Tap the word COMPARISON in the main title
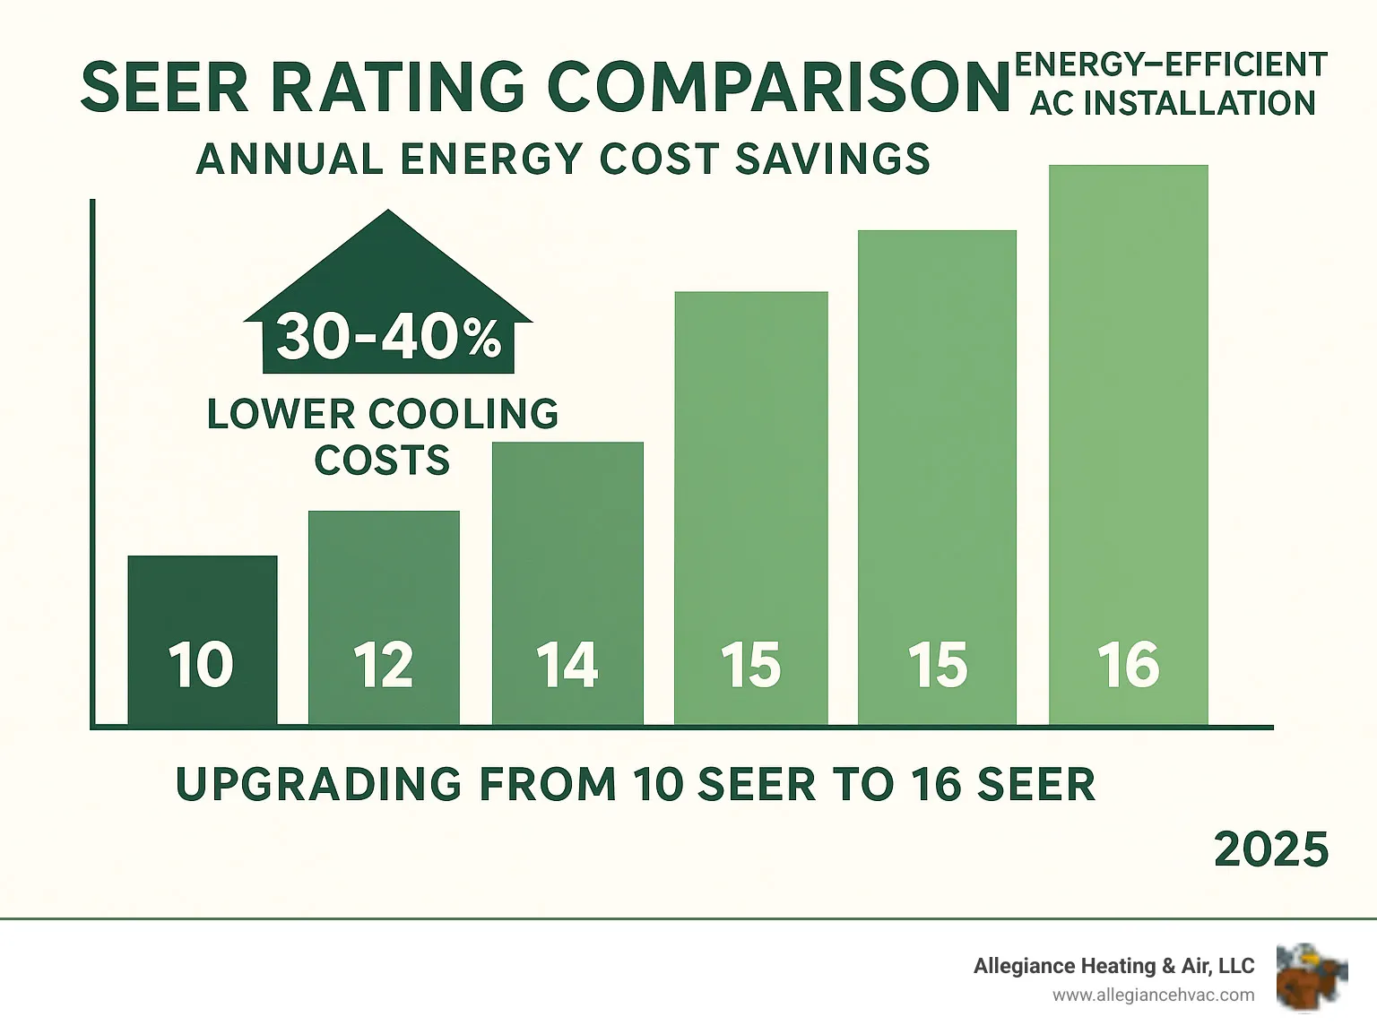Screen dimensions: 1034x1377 pyautogui.click(x=778, y=88)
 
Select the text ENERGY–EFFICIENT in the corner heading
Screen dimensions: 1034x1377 pyautogui.click(x=1171, y=65)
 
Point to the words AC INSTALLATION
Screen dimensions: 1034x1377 pyautogui.click(x=1173, y=104)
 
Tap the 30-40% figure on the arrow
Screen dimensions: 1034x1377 pyautogui.click(x=388, y=339)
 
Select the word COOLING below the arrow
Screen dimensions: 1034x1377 pyautogui.click(x=463, y=414)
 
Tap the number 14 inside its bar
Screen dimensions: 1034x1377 pyautogui.click(x=567, y=666)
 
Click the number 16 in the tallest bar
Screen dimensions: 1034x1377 pyautogui.click(x=1128, y=666)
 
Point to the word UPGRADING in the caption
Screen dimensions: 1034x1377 pyautogui.click(x=319, y=785)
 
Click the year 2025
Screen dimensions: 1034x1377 pyautogui.click(x=1270, y=849)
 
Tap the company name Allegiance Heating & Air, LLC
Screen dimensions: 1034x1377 pyautogui.click(x=1113, y=966)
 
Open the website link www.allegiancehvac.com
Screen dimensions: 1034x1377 pyautogui.click(x=1153, y=995)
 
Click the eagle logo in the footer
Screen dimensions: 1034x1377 pyautogui.click(x=1312, y=977)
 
